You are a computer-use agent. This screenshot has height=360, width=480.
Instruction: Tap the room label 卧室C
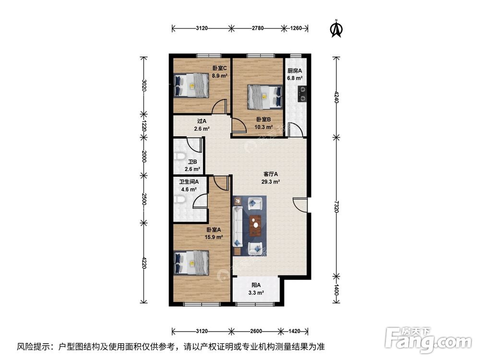(220, 68)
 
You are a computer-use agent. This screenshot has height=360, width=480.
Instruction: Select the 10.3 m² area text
(264, 128)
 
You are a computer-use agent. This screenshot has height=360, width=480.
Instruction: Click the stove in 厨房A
(303, 94)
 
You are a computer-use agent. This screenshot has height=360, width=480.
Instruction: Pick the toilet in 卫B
(179, 157)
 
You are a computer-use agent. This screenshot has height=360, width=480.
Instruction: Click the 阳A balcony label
(256, 285)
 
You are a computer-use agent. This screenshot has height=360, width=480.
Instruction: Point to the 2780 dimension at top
(258, 28)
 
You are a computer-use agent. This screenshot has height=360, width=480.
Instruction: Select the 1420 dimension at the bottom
(295, 331)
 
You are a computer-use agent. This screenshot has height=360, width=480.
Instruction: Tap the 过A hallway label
(202, 121)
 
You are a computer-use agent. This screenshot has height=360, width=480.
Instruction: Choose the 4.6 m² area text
(189, 190)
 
